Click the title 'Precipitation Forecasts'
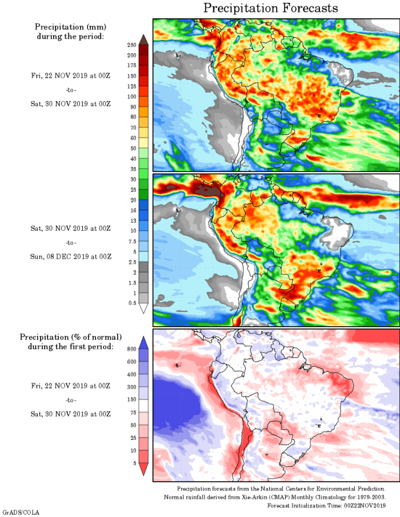(271, 8)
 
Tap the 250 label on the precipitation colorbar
(131, 45)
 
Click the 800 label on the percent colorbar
(131, 348)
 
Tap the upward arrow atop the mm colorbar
(144, 38)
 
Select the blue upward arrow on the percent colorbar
(144, 342)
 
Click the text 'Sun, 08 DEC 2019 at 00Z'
(70, 256)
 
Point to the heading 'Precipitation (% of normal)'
(70, 337)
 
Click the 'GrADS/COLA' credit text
(21, 512)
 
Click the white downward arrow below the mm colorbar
(144, 308)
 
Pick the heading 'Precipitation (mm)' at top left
(70, 27)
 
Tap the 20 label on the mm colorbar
(132, 200)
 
